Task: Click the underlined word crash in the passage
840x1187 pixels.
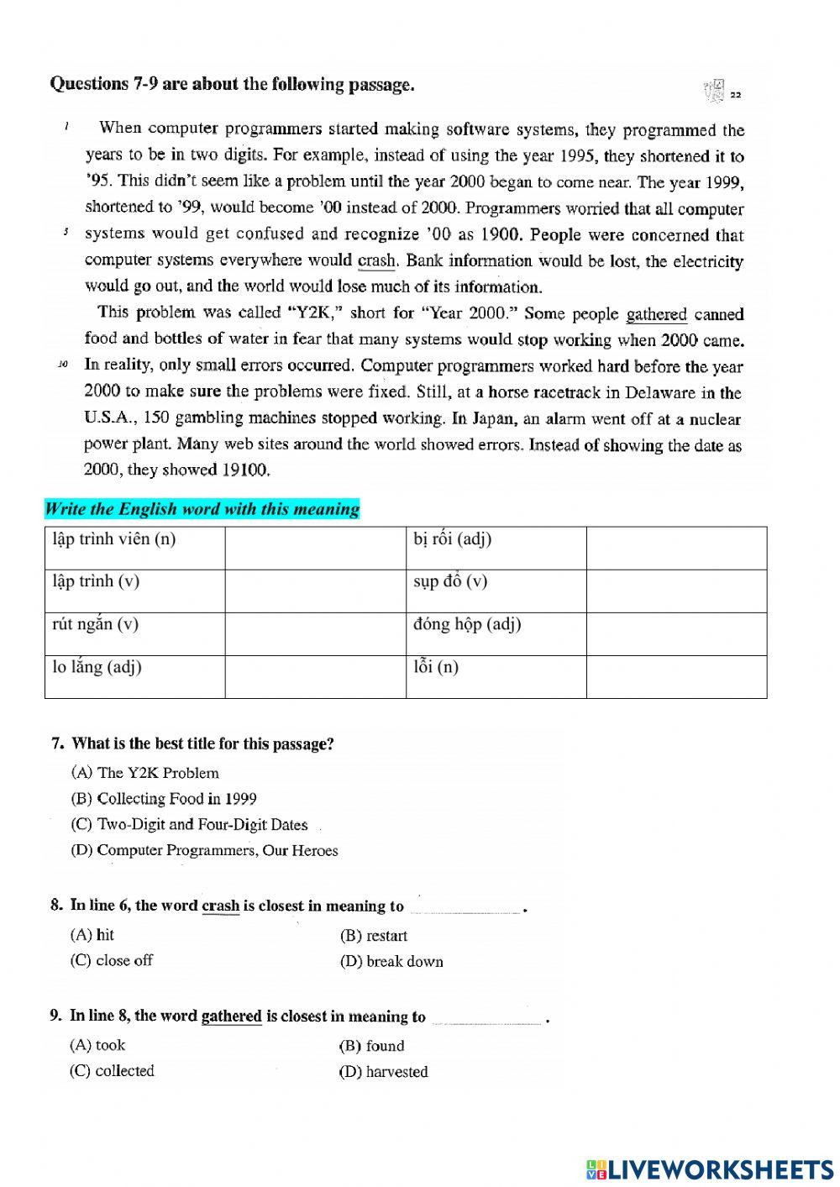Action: pos(376,261)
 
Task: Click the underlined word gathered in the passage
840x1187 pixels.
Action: pos(656,314)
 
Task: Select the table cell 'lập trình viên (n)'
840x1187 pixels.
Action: pos(134,548)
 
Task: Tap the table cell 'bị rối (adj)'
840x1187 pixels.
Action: pos(496,548)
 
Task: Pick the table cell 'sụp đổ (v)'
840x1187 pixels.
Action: pos(496,591)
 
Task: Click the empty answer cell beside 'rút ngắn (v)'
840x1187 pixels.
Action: pos(315,633)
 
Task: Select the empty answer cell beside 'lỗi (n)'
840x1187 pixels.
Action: pos(676,676)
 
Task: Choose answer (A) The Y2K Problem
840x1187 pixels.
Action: pos(146,773)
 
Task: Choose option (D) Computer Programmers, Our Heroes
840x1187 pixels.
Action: pos(205,850)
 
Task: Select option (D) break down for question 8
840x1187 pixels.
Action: pos(392,961)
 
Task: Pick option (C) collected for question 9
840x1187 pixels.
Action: pos(113,1071)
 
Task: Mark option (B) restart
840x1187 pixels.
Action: pos(374,936)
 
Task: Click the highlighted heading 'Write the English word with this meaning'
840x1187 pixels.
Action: pos(202,509)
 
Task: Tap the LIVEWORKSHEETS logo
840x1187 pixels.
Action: pos(710,1169)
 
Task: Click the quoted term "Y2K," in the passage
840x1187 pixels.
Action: pos(313,313)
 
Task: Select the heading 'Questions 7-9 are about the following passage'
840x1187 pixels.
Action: pos(232,84)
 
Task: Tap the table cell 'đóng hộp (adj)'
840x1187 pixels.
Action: pos(496,633)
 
